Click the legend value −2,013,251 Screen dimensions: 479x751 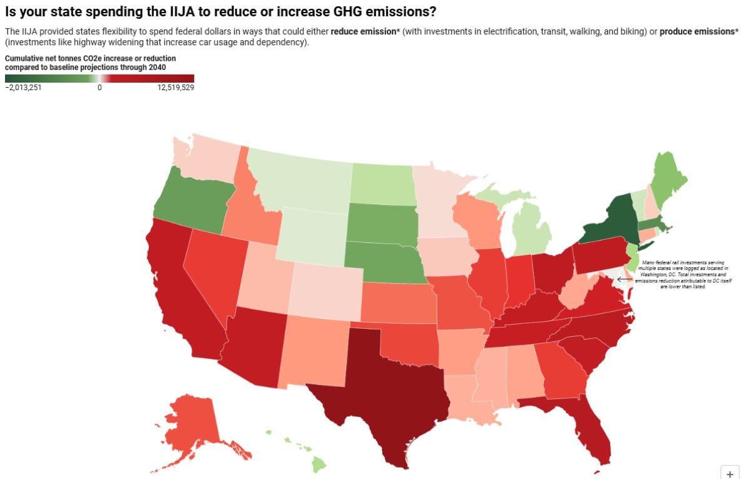point(23,88)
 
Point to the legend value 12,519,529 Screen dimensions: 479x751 point(175,88)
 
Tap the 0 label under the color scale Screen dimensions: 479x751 point(99,88)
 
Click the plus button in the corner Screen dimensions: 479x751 point(730,473)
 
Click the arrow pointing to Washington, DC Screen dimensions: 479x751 point(624,279)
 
